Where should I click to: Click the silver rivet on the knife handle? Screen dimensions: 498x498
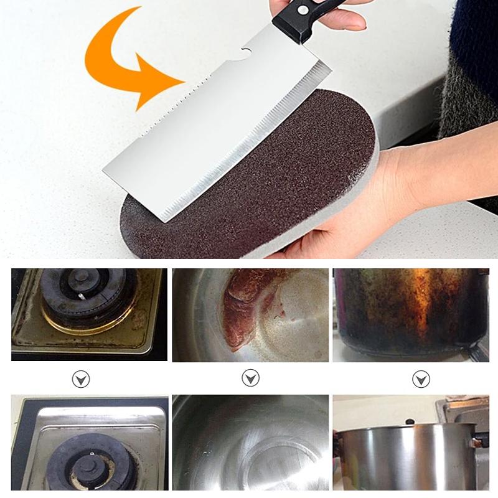(303, 9)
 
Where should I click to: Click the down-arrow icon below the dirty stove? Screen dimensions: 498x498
(81, 378)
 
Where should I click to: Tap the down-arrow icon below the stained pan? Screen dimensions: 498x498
(250, 378)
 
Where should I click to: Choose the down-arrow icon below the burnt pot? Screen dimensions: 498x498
(421, 378)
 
